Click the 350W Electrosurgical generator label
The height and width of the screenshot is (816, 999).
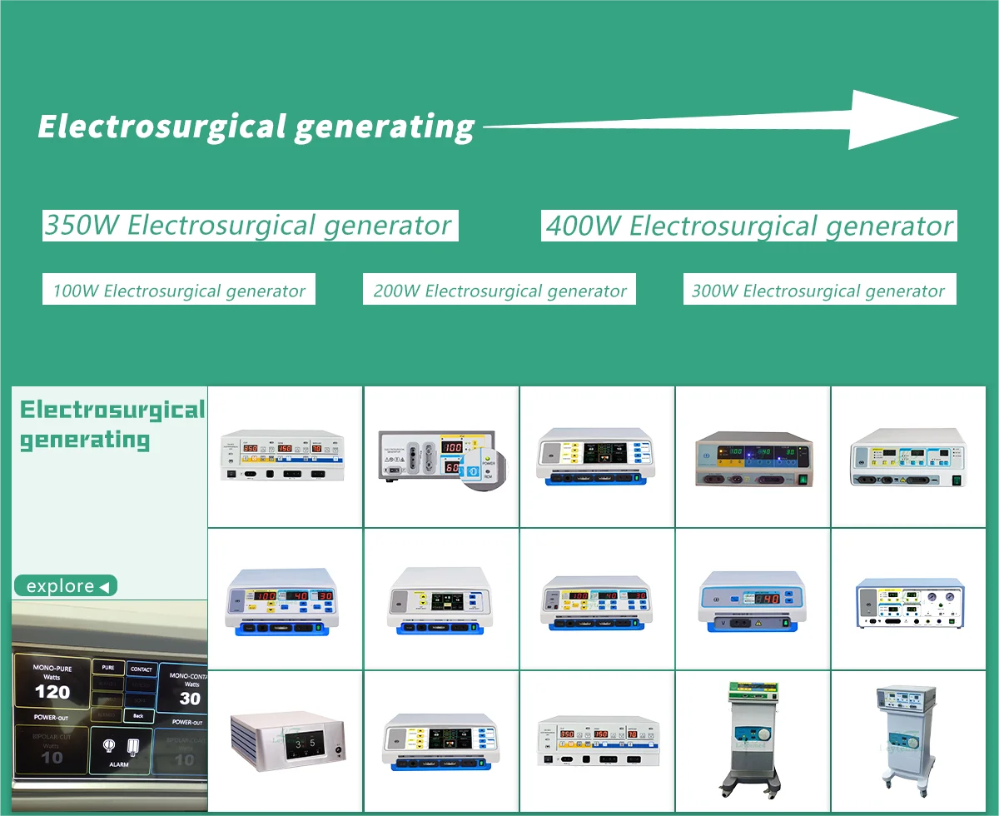coord(250,225)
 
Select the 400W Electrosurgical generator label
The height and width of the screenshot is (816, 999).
coord(749,226)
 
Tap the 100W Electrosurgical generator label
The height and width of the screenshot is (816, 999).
coord(179,291)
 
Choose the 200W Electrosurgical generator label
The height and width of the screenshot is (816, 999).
coord(499,291)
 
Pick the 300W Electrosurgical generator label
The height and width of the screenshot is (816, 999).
coord(818,291)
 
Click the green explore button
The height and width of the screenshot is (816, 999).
coord(66,586)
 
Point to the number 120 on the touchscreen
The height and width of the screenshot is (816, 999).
coord(52,692)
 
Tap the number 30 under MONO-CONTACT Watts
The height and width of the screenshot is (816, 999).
coord(189,699)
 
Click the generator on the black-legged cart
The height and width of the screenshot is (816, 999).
coord(753,741)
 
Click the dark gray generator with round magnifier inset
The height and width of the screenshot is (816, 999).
coord(441,458)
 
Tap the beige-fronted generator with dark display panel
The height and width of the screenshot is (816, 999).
coord(753,459)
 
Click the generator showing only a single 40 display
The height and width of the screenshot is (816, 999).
coord(753,600)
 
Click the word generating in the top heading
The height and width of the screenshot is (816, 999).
coord(385,127)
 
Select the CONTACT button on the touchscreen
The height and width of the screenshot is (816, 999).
coord(141,669)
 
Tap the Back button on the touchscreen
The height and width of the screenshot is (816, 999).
coord(138,716)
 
